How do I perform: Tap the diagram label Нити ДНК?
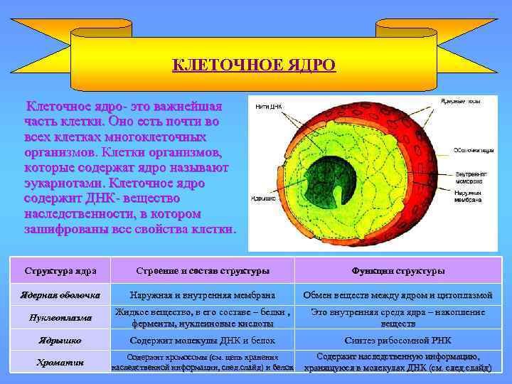click(x=268, y=107)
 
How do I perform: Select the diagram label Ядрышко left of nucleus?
click(x=263, y=198)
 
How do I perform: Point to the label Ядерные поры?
click(x=461, y=102)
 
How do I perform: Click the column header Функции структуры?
click(x=398, y=271)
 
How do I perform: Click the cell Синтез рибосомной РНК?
click(x=398, y=341)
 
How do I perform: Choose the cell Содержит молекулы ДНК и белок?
click(x=202, y=341)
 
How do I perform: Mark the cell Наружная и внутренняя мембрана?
click(x=202, y=295)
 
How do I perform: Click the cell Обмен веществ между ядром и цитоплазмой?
click(x=398, y=295)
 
